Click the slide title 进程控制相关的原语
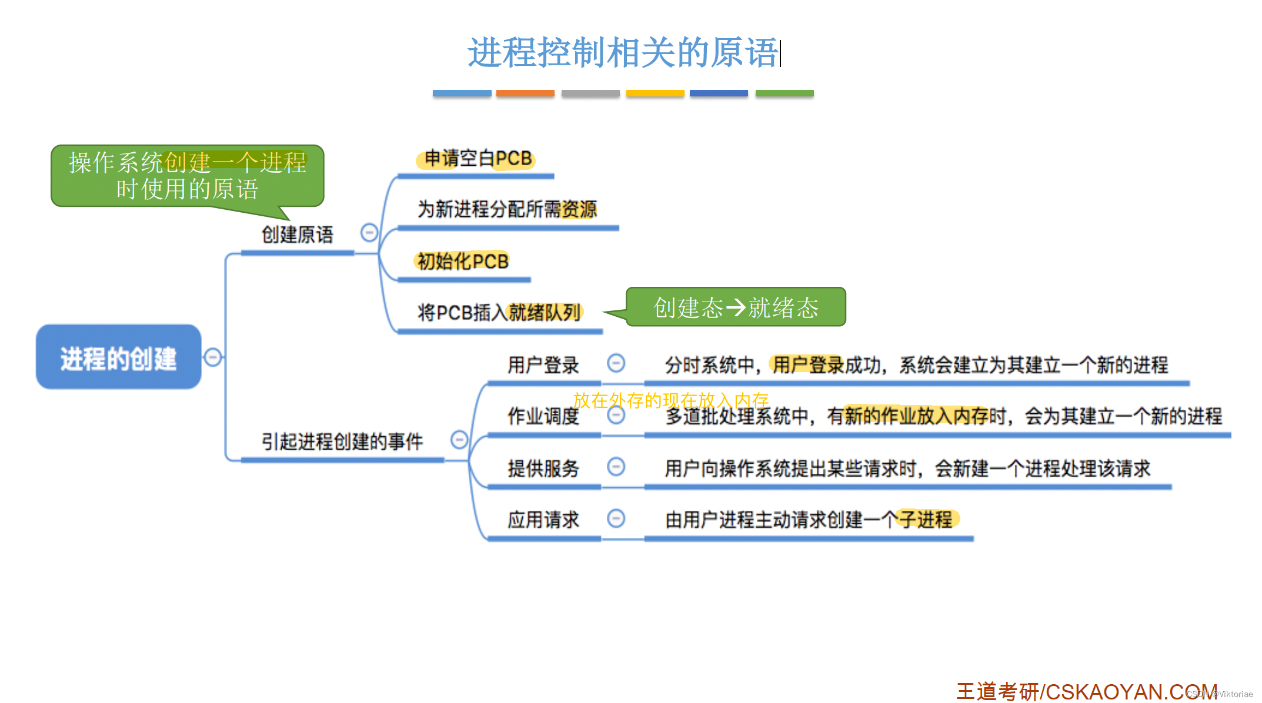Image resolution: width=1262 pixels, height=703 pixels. (623, 53)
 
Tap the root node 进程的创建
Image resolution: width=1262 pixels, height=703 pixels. (118, 358)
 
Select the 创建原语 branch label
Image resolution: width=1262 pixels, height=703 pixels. (297, 235)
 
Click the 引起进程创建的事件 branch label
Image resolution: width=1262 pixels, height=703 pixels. (342, 441)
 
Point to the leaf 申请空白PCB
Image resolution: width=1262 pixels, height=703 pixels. (478, 158)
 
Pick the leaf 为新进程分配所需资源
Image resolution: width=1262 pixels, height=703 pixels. (507, 209)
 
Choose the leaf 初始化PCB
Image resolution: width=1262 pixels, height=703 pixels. (463, 261)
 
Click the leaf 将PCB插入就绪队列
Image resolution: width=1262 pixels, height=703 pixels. (499, 312)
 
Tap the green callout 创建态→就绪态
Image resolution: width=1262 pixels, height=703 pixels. (736, 307)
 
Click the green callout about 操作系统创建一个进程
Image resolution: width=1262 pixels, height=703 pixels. (187, 176)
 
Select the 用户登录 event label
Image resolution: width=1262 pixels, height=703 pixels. (543, 365)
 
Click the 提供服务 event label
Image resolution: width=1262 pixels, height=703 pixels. (543, 468)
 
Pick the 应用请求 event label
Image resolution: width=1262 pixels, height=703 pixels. (543, 520)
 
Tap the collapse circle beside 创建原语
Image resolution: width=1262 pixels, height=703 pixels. (369, 233)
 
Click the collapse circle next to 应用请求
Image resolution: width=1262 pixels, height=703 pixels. (616, 518)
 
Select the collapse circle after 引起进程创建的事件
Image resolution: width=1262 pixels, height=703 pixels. (459, 440)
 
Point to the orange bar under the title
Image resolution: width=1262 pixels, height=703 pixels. (525, 93)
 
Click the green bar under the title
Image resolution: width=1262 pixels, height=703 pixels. (784, 93)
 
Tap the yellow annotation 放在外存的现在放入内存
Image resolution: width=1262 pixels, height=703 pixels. (671, 400)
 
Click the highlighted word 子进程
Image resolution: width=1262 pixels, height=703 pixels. (926, 520)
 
